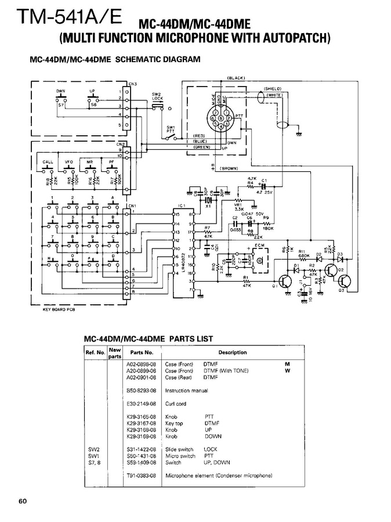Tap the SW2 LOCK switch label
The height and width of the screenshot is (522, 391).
pyautogui.click(x=157, y=96)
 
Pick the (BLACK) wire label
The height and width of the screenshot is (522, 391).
pyautogui.click(x=237, y=78)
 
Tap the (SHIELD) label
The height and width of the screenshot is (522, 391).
pyautogui.click(x=273, y=88)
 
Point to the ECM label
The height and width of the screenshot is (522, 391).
pyautogui.click(x=259, y=246)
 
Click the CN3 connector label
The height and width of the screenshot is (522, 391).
pyautogui.click(x=133, y=84)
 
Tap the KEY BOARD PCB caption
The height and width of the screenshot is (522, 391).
pyautogui.click(x=60, y=310)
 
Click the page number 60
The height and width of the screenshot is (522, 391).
pyautogui.click(x=23, y=501)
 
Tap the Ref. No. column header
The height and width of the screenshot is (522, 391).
pyautogui.click(x=95, y=352)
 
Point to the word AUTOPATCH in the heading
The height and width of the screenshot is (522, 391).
pyautogui.click(x=293, y=39)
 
